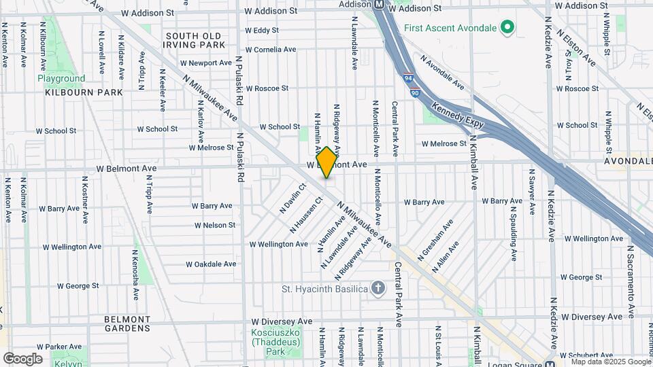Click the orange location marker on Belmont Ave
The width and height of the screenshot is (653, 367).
tap(326, 162)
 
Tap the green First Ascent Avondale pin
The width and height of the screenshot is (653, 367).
tap(506, 28)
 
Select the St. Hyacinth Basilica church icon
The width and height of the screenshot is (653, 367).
tap(378, 289)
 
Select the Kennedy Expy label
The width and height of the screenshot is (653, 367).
tap(458, 109)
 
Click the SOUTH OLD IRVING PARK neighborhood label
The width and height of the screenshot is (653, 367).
tap(195, 40)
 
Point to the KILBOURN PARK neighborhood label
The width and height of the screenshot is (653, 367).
tap(84, 92)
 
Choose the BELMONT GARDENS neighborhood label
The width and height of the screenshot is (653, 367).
tap(127, 324)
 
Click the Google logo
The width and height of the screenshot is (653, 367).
tap(22, 358)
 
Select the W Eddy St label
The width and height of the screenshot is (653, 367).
tap(262, 31)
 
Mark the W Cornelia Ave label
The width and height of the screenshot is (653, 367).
tap(271, 50)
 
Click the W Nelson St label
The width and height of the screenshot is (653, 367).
tap(214, 225)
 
